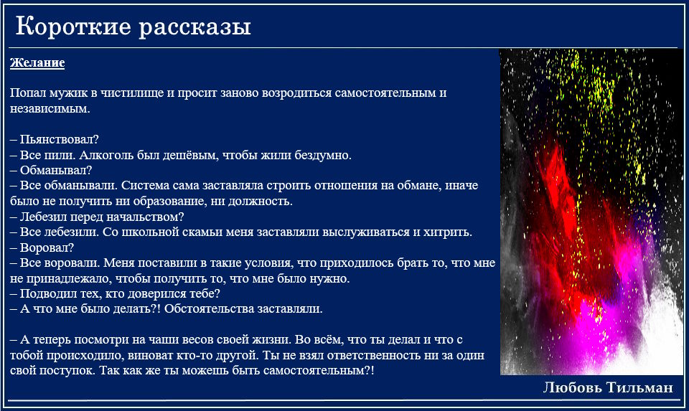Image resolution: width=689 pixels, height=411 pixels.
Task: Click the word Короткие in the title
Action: coord(73,26)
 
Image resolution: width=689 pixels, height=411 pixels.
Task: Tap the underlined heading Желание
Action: coord(37,63)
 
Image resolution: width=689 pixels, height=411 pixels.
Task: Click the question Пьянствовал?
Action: coord(60,140)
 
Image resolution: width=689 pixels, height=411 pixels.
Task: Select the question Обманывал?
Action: coord(56,171)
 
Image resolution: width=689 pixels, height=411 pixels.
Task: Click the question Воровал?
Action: coord(47,247)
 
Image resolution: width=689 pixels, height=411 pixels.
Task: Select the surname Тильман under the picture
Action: coord(639,387)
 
